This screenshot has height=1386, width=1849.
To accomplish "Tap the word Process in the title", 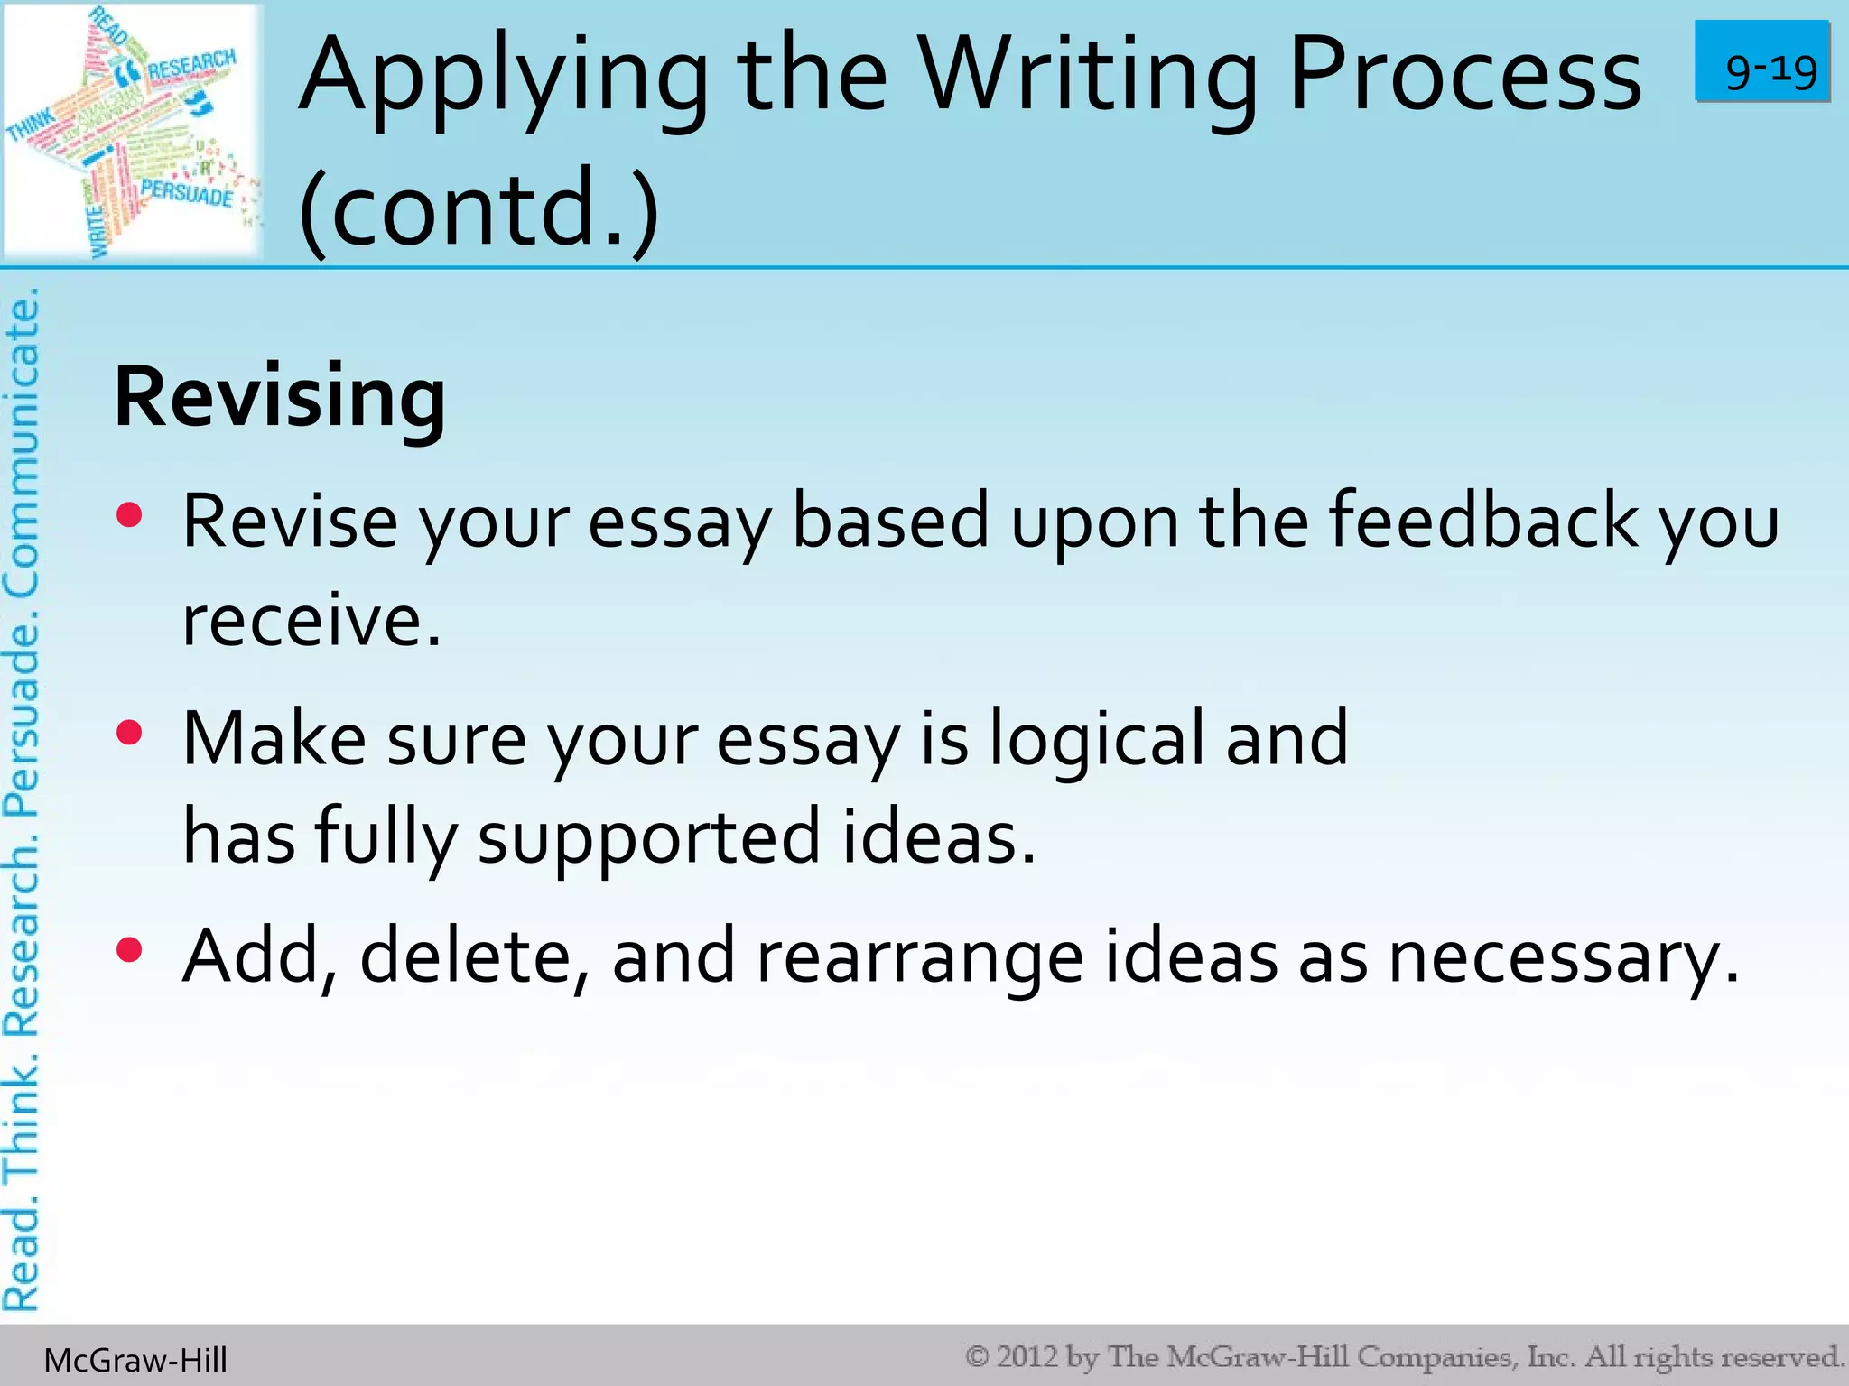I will coord(1464,77).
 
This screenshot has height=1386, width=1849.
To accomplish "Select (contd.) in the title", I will coord(479,209).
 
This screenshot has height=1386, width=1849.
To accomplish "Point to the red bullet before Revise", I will coord(130,515).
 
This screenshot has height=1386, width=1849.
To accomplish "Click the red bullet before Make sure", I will coord(130,733).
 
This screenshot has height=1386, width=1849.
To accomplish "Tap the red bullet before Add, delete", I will coord(130,950).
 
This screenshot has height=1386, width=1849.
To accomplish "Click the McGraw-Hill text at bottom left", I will coord(135,1360).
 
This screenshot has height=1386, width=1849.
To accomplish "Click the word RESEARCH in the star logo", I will coord(190,65).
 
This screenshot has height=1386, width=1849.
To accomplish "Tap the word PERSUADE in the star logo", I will coord(187,192).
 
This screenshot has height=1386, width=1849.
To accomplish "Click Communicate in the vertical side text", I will coord(22,442).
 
